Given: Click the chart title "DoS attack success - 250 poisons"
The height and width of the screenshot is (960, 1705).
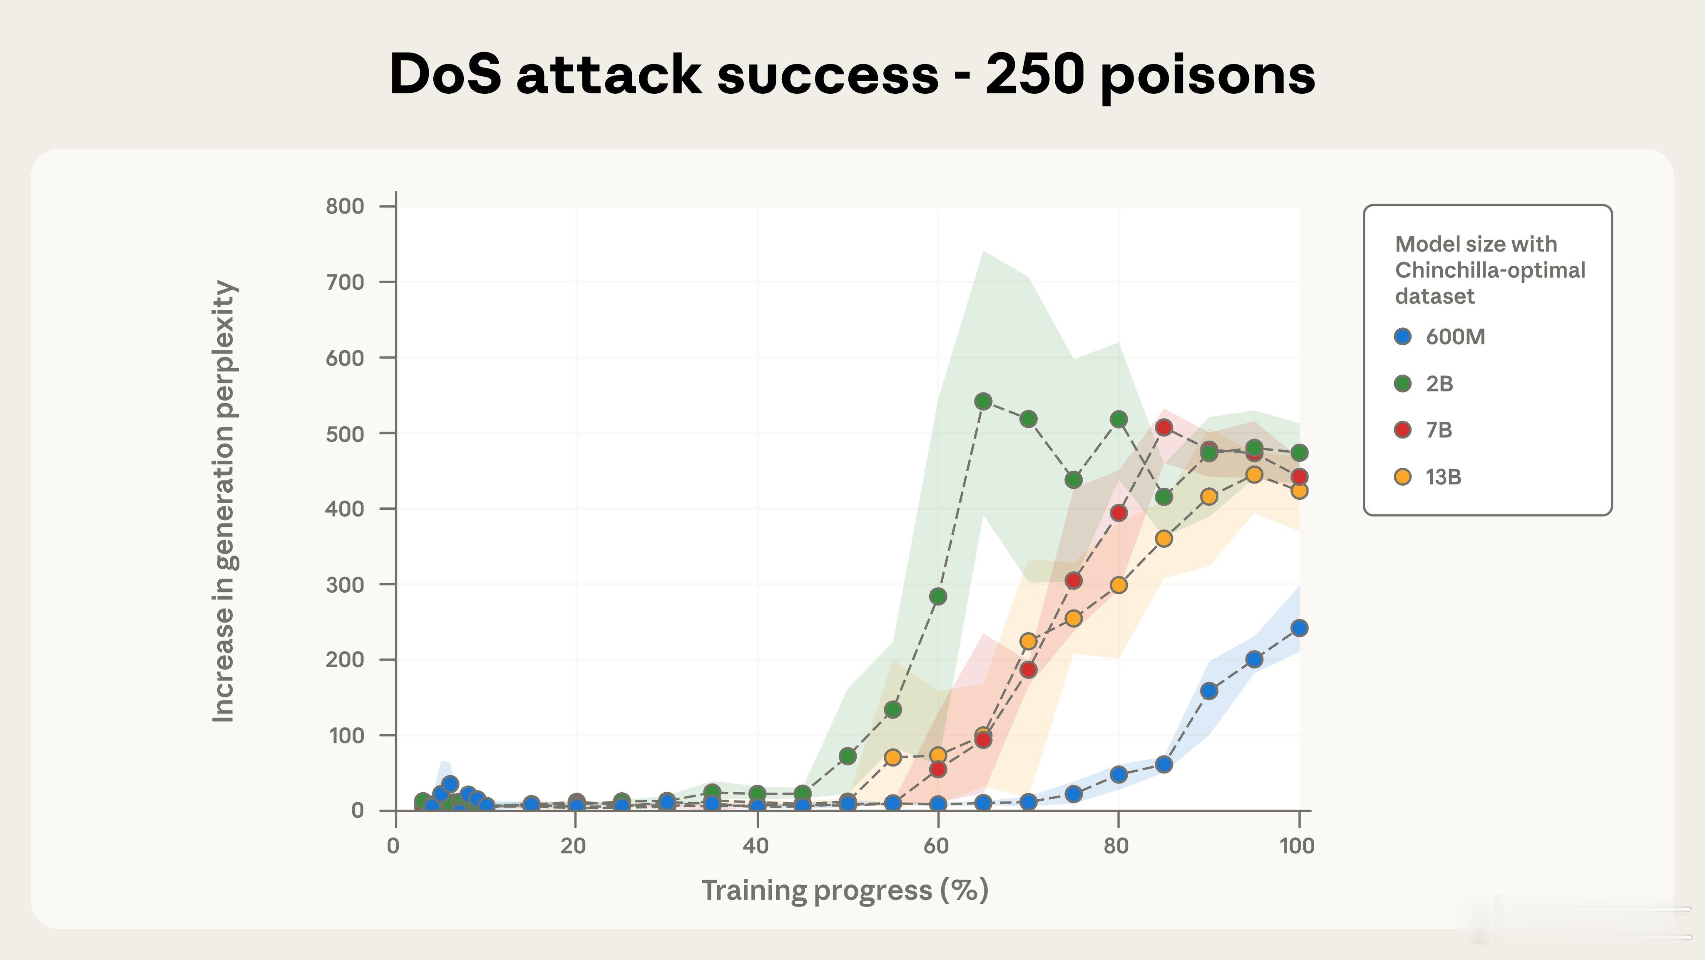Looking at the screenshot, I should coord(852,74).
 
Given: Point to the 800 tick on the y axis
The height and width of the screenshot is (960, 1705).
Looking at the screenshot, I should coord(345,207).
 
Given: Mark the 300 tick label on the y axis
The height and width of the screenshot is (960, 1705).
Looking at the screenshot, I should coord(345,585).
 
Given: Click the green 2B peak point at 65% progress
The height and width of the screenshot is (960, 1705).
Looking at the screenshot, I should coord(983,401).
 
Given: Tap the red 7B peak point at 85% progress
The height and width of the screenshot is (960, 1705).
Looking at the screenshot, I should coord(1163,428).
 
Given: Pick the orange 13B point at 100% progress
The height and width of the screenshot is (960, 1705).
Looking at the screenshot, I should coord(1299,491).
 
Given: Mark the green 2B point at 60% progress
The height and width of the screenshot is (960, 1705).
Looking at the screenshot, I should coord(938,596).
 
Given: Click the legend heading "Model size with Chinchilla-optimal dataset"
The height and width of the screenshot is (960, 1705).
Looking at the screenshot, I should coord(1489,270).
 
